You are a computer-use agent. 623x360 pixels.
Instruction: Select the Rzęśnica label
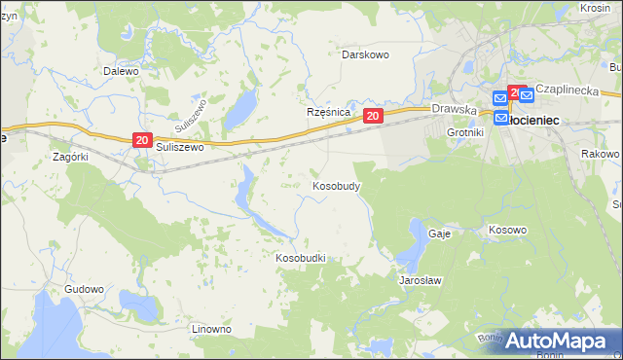point(328,113)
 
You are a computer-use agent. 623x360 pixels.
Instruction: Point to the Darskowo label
point(365,54)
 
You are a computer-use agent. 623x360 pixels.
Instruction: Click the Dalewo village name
point(122,71)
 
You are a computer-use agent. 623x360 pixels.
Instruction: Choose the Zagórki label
point(71,156)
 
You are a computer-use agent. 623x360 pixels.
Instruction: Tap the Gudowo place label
point(84,289)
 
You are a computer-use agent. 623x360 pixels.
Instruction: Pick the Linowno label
point(211,329)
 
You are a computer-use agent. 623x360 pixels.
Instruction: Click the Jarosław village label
point(421,279)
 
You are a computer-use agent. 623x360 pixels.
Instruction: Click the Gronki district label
point(464,131)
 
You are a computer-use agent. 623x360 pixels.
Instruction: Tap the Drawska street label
point(453,110)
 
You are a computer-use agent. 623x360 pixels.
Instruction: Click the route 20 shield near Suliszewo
point(141,141)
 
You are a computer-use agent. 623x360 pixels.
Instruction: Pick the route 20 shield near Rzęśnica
point(373,116)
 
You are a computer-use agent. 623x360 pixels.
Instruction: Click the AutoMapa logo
point(558,341)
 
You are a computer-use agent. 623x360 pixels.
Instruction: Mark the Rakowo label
point(600,155)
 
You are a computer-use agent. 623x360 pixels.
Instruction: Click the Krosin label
point(595,8)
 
